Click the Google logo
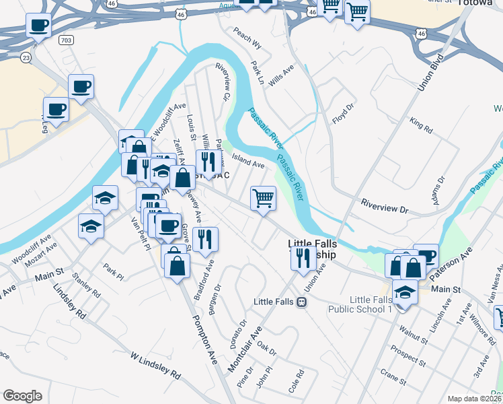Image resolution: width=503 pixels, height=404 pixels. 22,396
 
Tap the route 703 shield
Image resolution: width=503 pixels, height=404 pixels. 65,40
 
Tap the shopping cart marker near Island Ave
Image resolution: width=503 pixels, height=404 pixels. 263,199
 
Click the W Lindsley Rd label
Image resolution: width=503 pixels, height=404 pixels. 156,365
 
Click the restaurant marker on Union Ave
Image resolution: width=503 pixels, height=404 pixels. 303,257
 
